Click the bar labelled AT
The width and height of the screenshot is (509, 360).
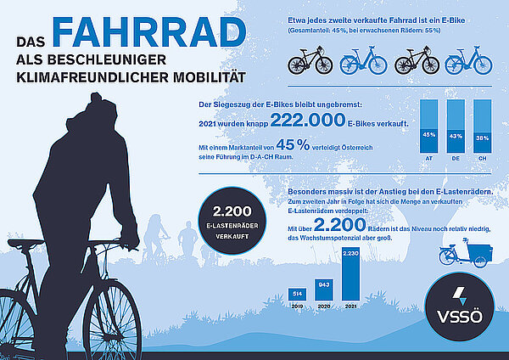pyautogui.click(x=429, y=127)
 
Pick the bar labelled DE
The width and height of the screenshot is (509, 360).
pyautogui.click(x=456, y=127)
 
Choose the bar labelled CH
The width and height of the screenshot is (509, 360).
pyautogui.click(x=482, y=127)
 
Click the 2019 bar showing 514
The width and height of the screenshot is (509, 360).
pyautogui.click(x=298, y=293)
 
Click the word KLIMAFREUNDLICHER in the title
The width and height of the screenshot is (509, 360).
pyautogui.click(x=84, y=77)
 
